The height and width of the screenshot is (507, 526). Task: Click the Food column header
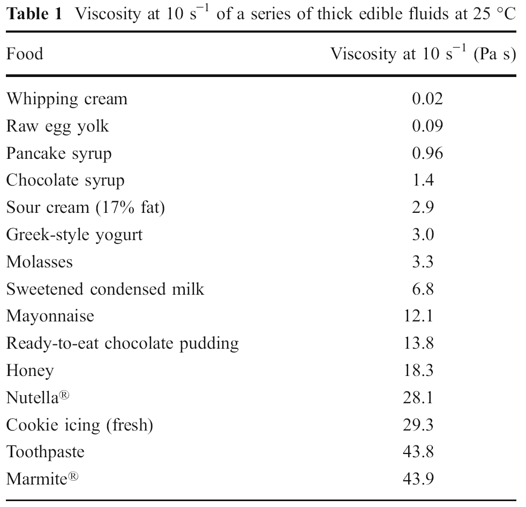pyautogui.click(x=24, y=54)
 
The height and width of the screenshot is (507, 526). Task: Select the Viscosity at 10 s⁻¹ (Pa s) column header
pyautogui.click(x=423, y=54)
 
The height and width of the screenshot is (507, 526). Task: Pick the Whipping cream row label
pyautogui.click(x=66, y=99)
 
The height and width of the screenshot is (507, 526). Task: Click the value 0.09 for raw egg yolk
pyautogui.click(x=427, y=126)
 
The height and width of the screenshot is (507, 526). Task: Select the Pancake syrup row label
pyautogui.click(x=59, y=153)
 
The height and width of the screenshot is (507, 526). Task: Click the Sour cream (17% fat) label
pyautogui.click(x=85, y=208)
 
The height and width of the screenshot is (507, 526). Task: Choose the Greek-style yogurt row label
pyautogui.click(x=74, y=234)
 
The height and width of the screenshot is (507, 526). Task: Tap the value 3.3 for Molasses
pyautogui.click(x=423, y=262)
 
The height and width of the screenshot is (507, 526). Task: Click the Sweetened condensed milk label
pyautogui.click(x=105, y=289)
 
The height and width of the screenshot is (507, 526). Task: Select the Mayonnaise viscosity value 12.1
pyautogui.click(x=418, y=316)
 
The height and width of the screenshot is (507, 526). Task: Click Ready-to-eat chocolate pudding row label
pyautogui.click(x=122, y=343)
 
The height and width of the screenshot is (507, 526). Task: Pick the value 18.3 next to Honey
pyautogui.click(x=418, y=370)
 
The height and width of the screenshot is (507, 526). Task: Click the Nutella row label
pyautogui.click(x=37, y=397)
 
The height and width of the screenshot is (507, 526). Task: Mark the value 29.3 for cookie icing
pyautogui.click(x=418, y=425)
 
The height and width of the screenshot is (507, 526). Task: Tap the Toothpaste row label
pyautogui.click(x=45, y=452)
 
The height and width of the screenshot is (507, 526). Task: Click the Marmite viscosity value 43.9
pyautogui.click(x=418, y=479)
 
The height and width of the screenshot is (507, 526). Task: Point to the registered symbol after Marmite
pyautogui.click(x=73, y=474)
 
